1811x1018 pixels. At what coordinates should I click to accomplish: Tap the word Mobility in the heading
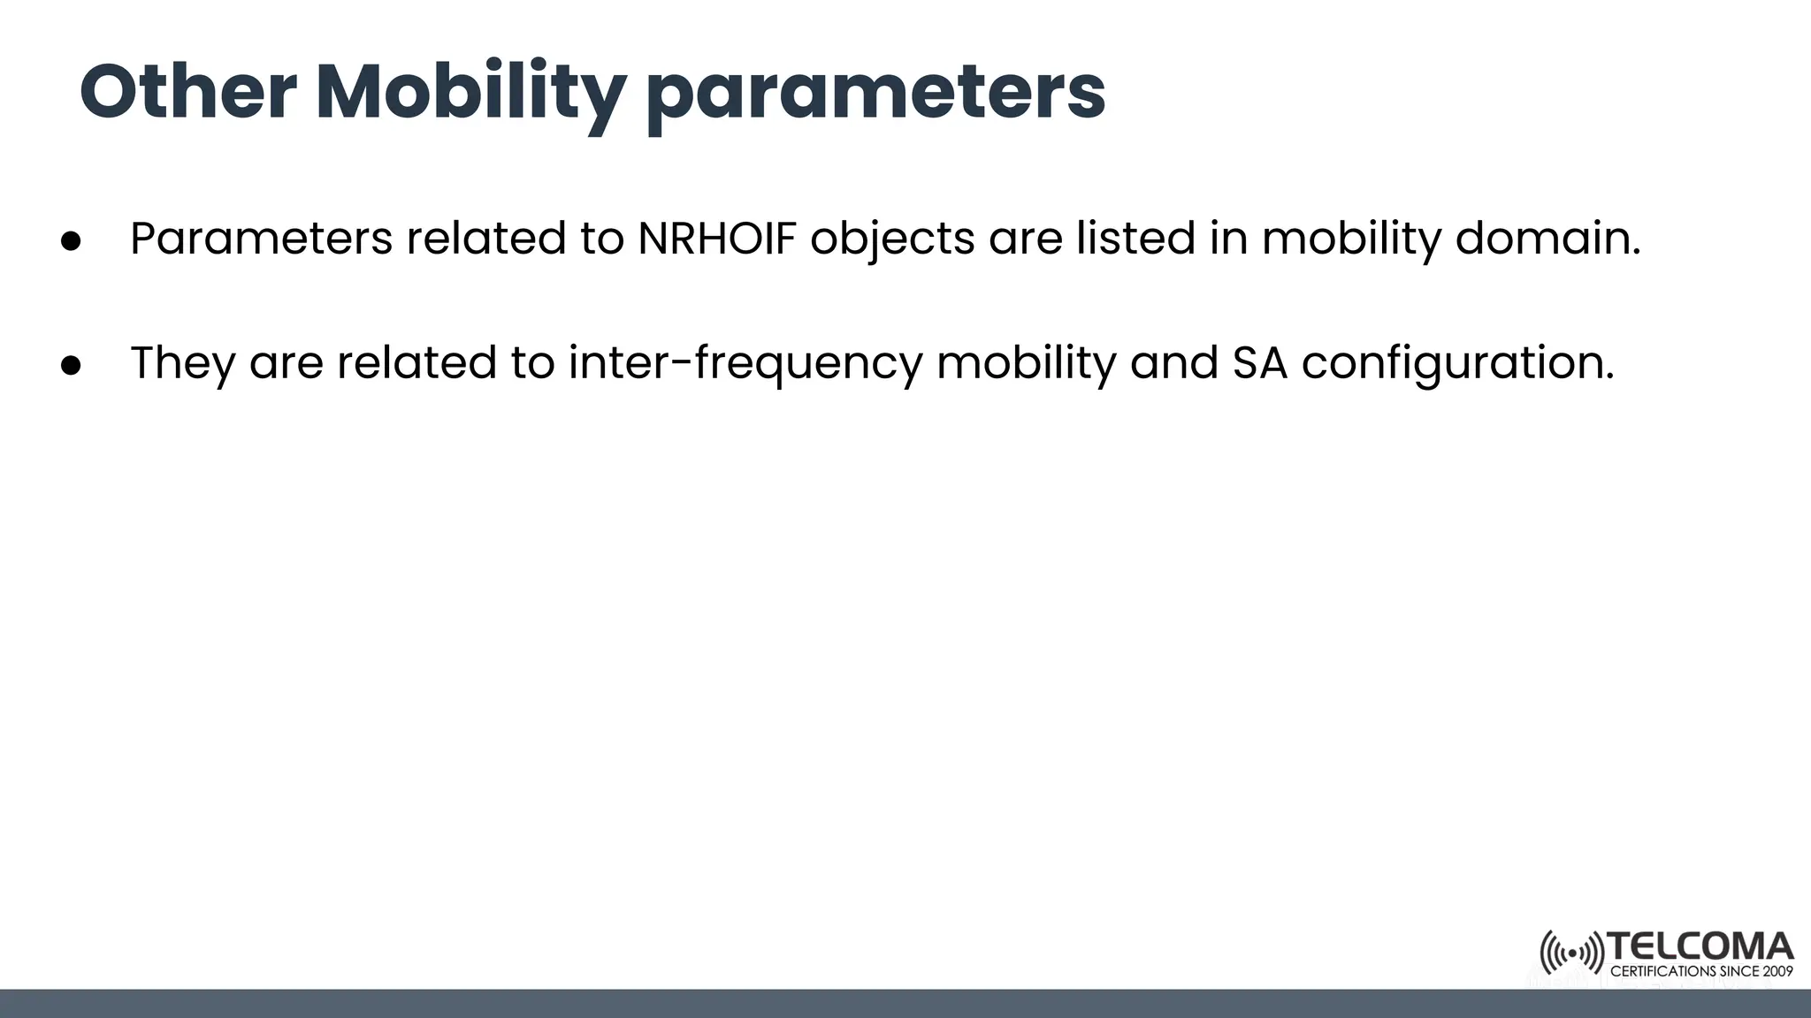point(470,93)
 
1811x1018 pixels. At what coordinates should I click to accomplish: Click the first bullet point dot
point(72,240)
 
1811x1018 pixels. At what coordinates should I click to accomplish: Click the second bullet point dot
point(72,364)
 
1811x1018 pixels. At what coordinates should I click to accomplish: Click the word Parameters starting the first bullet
point(261,239)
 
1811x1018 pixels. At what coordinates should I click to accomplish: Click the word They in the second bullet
point(182,363)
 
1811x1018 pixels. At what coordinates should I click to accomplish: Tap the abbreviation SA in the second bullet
point(1259,363)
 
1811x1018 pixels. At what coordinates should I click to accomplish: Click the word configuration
point(1457,363)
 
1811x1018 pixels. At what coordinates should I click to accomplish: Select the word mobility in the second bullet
point(1026,363)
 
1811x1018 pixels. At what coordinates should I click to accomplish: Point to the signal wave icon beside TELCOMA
point(1571,953)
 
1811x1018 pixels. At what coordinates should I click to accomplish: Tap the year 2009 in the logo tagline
point(1777,971)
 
